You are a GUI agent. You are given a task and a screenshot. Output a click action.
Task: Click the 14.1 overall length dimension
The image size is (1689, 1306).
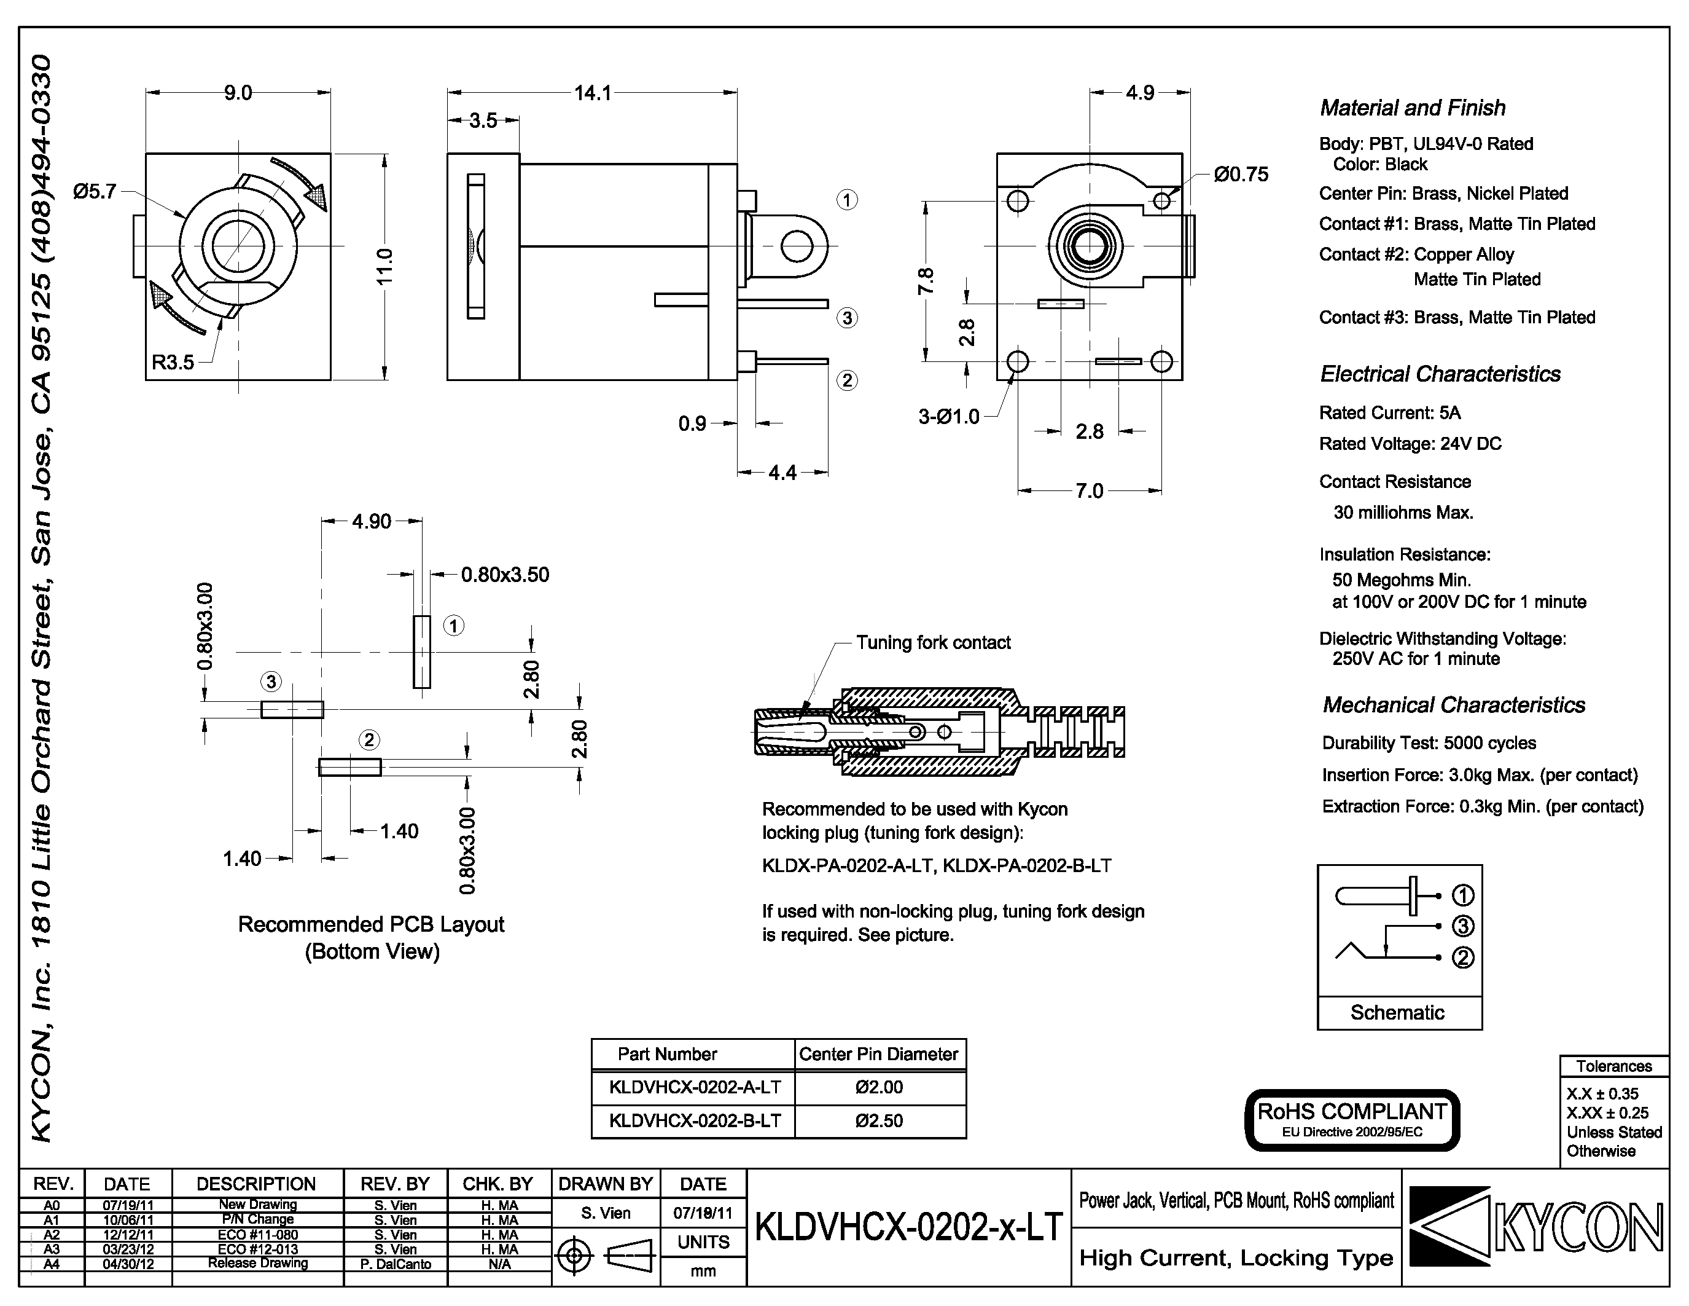[593, 93]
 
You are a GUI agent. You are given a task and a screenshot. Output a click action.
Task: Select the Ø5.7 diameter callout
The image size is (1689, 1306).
[95, 191]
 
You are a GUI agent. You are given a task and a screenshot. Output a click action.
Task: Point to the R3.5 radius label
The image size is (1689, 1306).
[173, 362]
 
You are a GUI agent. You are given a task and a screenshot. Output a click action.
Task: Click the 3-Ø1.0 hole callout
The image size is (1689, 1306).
[948, 417]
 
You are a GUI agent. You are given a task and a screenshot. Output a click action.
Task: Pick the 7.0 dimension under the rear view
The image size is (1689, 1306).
[1089, 491]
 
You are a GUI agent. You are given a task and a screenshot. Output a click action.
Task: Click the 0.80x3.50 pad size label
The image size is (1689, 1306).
[505, 575]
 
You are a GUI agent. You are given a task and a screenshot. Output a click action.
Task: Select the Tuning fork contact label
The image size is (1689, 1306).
[933, 643]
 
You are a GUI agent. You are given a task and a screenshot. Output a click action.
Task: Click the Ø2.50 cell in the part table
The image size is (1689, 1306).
[880, 1121]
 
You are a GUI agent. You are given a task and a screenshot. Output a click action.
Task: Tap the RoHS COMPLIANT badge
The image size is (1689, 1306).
[1352, 1120]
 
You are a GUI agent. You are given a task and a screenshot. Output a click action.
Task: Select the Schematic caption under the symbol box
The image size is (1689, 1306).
[1397, 1013]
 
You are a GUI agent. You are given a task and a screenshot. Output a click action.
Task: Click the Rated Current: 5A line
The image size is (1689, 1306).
[1390, 413]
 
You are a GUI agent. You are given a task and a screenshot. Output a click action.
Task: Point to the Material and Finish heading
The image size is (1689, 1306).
[1412, 108]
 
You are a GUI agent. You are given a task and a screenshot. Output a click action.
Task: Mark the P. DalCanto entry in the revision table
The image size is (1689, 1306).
[395, 1264]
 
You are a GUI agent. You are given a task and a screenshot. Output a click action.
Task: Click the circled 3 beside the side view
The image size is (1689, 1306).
[847, 318]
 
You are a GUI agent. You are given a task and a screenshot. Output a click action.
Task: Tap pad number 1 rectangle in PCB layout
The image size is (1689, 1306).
[421, 651]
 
